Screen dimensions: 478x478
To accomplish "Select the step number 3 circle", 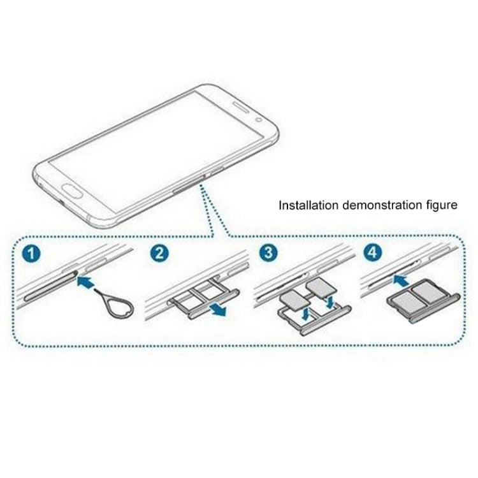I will [x=268, y=254].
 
